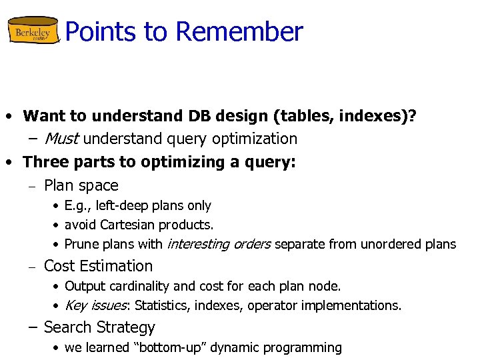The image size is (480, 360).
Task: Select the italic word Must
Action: click(62, 139)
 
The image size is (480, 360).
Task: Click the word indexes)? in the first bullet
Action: click(379, 116)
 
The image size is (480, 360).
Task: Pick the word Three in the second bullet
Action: click(43, 162)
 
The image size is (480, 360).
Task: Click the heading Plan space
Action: click(81, 185)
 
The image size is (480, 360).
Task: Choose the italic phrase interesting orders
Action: click(218, 245)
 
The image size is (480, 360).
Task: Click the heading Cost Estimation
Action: click(98, 266)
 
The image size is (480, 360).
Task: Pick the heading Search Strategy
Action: click(99, 327)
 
